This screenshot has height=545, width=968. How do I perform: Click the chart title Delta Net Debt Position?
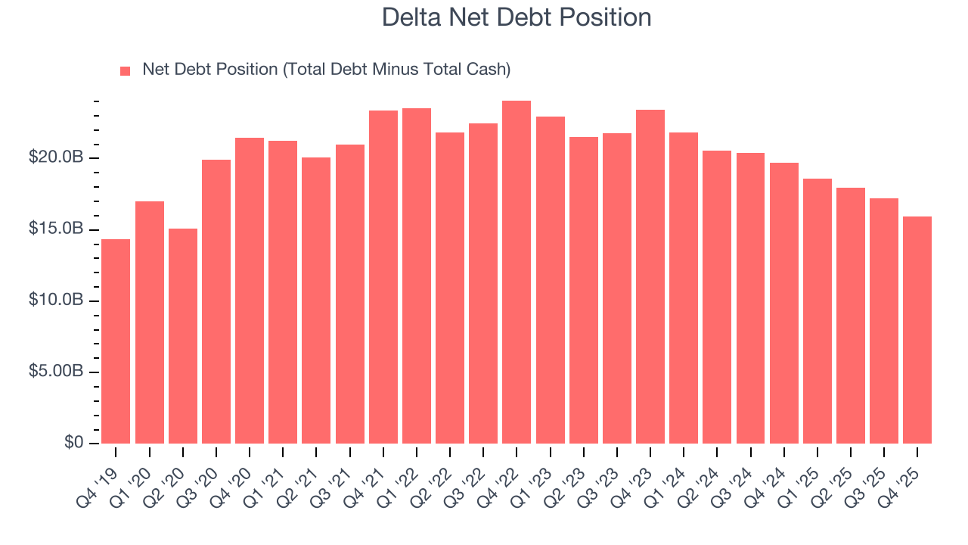pyautogui.click(x=517, y=17)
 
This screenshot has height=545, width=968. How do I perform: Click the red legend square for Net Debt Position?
pyautogui.click(x=126, y=70)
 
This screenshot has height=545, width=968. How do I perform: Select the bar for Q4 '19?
pyautogui.click(x=116, y=341)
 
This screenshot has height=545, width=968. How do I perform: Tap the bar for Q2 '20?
pyautogui.click(x=183, y=335)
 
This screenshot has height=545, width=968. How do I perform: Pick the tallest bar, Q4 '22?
pyautogui.click(x=517, y=272)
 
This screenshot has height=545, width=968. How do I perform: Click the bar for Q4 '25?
pyautogui.click(x=917, y=329)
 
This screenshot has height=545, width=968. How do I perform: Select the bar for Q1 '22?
pyautogui.click(x=417, y=276)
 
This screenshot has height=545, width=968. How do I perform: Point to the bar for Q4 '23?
pyautogui.click(x=650, y=276)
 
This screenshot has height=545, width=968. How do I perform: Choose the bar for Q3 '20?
pyautogui.click(x=216, y=301)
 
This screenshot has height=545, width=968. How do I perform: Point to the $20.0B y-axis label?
pyautogui.click(x=56, y=157)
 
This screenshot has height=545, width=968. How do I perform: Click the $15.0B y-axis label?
pyautogui.click(x=56, y=229)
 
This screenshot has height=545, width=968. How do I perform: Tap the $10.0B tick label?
pyautogui.click(x=56, y=301)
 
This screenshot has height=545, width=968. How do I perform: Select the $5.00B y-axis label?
pyautogui.click(x=56, y=372)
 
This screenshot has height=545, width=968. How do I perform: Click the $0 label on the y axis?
pyautogui.click(x=73, y=443)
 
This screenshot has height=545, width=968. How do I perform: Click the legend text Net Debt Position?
pyautogui.click(x=327, y=70)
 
